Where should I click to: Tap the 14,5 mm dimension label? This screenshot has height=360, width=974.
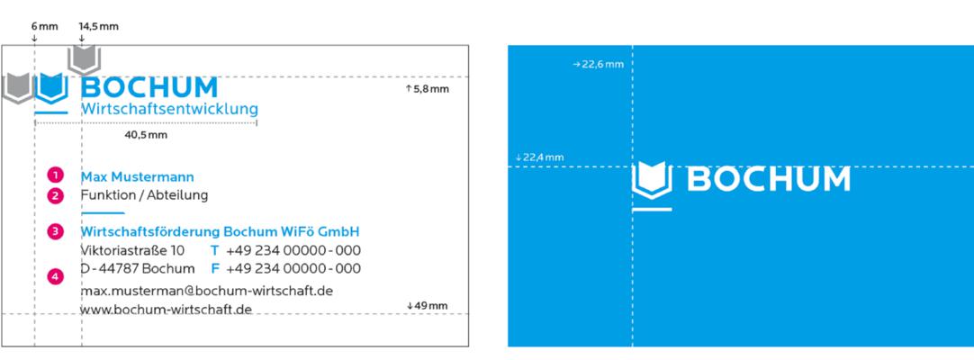[98, 27]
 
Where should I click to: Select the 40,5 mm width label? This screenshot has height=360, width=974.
[146, 135]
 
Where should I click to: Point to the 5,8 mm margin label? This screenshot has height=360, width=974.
[428, 89]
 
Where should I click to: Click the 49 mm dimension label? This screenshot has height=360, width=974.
[428, 305]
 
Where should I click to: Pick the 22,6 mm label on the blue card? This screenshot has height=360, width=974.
[599, 64]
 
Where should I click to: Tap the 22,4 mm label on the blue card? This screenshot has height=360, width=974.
[539, 157]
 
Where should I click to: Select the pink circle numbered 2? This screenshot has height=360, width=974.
[56, 195]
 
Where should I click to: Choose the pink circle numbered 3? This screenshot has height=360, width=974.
[56, 231]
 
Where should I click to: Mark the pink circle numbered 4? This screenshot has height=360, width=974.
[56, 277]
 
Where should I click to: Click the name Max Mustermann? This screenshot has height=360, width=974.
[138, 177]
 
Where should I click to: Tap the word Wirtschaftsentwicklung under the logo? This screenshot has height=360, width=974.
[169, 110]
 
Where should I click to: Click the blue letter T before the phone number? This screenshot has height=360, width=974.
[215, 251]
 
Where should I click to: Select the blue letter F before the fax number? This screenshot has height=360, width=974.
[215, 269]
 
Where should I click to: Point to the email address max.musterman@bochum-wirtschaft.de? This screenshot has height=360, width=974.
[207, 291]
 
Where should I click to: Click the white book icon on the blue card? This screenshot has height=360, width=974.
[652, 180]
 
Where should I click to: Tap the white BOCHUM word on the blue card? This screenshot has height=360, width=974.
[769, 179]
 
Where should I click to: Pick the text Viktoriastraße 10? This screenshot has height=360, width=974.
[132, 251]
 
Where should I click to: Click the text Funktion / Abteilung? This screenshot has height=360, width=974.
[144, 195]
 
